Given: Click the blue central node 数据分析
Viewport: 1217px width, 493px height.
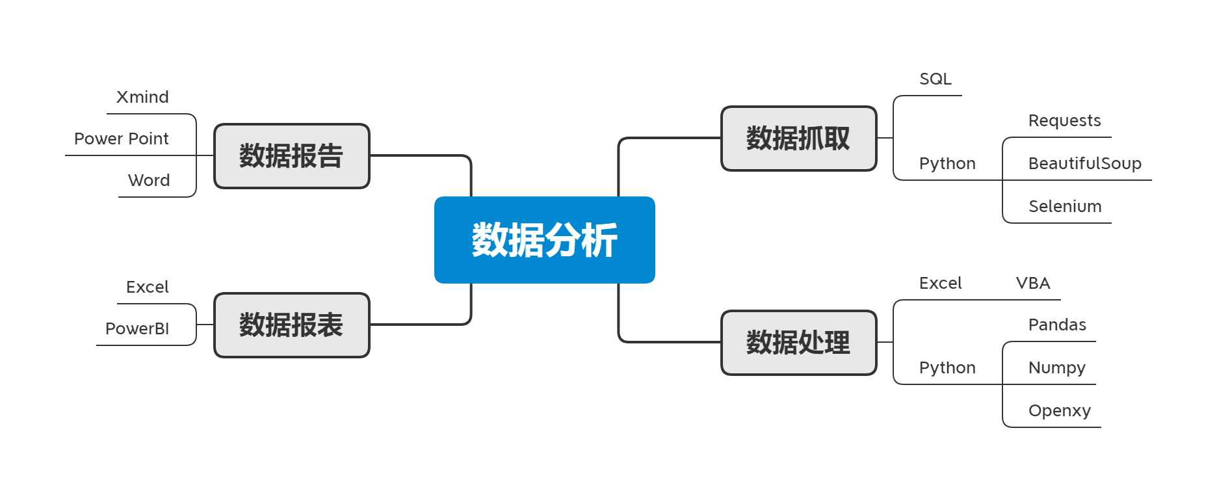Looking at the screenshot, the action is coord(545,240).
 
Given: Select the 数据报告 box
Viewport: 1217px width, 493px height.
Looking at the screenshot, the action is coord(292,156).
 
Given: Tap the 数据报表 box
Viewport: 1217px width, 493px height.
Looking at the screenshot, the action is coord(292,325).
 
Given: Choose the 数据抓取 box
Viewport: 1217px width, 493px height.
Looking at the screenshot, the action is coord(799,139).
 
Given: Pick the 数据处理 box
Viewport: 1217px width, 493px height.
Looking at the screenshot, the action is coord(799,343).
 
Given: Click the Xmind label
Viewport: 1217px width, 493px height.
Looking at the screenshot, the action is coord(142,98).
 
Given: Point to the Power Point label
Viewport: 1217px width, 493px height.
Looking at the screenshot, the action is coord(122,139).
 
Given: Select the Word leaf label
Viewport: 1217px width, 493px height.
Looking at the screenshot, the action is coord(149,181).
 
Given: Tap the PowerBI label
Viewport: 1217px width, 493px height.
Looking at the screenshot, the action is coord(137,329).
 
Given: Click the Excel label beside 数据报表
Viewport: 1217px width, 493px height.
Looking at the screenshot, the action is coord(148,287).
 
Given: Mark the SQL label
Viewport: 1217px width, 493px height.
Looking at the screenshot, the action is coord(936,79).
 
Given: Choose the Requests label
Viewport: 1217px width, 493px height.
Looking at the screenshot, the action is coord(1065,121).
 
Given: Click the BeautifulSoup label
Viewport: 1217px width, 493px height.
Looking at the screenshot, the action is coord(1085,163).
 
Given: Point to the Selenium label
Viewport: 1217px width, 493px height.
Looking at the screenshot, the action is coord(1065,207).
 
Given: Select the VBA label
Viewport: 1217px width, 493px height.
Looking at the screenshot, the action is coord(1033,284).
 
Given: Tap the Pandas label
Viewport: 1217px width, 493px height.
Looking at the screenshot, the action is coord(1057,325).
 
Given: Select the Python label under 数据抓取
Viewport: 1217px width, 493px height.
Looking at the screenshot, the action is coord(947,164).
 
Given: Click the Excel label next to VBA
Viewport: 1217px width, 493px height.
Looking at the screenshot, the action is coord(941,284).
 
